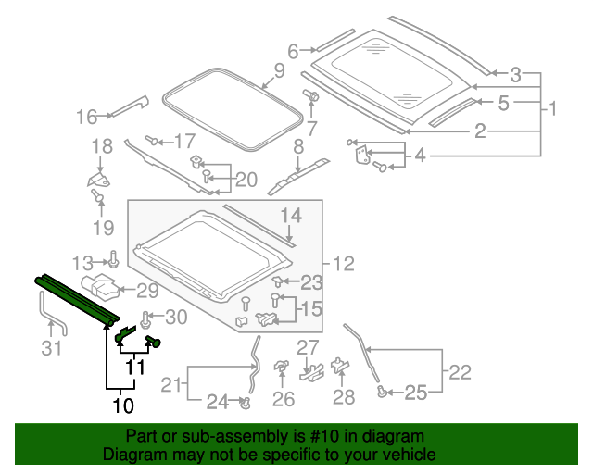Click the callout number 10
pos(122,405)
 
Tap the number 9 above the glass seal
pos(279,70)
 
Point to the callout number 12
pos(344,265)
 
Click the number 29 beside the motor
pos(147,292)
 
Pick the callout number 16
pos(87,117)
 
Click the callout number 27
pos(307,347)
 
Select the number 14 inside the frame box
pos(291,217)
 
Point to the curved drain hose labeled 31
pos(52,319)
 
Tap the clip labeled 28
pos(339,367)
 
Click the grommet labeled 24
pos(246,403)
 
